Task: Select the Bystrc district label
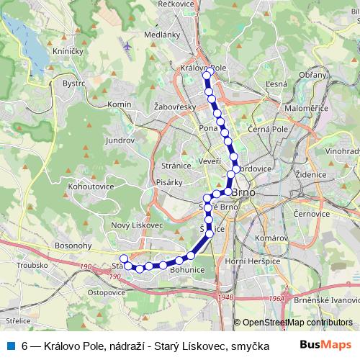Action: [74, 83]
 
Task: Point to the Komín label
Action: [119, 105]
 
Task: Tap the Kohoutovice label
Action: [90, 186]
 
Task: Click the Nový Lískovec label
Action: [137, 225]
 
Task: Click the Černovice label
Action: [312, 214]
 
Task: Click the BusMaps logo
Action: [327, 346]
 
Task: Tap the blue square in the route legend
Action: [9, 346]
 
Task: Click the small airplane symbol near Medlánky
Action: [128, 45]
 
